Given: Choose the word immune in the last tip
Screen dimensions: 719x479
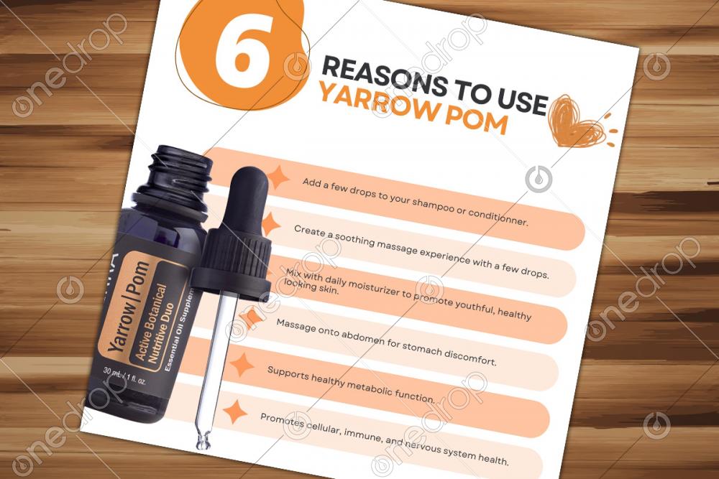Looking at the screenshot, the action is click(x=362, y=433).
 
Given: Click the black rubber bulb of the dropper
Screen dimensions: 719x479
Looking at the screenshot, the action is click(x=247, y=197).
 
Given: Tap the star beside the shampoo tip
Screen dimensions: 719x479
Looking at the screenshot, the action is click(x=278, y=177).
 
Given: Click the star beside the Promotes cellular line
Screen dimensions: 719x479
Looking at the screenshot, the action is click(x=235, y=411).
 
